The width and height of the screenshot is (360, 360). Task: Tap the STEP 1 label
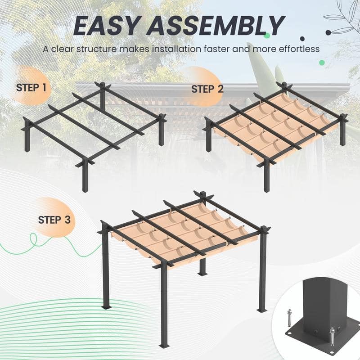coord(31,87)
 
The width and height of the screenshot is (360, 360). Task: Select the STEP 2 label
coord(207,89)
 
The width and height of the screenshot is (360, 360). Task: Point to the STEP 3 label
coord(54,220)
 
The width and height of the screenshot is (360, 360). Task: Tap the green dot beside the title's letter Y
coord(267,35)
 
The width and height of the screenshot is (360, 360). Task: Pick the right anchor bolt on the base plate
coord(332,335)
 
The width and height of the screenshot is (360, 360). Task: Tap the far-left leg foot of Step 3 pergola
coord(106,307)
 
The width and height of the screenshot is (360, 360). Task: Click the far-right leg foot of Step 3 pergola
coord(262,310)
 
